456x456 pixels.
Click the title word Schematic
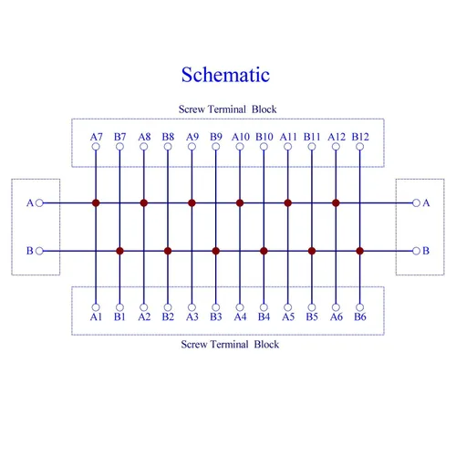[x=225, y=75]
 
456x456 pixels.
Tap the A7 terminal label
[x=96, y=137]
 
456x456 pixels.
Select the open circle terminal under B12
[x=360, y=147]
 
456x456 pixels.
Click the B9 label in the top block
[x=216, y=137]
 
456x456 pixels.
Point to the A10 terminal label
[x=241, y=137]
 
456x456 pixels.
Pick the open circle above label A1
[x=96, y=307]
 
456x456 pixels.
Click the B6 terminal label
[x=360, y=316]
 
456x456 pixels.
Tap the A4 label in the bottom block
[x=240, y=316]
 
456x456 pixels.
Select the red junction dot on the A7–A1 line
[x=96, y=202]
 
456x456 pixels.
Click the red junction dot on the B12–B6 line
[x=360, y=251]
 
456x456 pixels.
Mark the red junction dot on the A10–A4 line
[x=240, y=202]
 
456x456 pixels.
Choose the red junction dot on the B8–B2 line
[x=168, y=251]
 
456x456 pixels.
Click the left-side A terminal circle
[x=39, y=202]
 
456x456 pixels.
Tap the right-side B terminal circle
[x=416, y=251]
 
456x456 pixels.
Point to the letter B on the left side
[x=30, y=251]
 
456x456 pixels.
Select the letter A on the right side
[x=426, y=202]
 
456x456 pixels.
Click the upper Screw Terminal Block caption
[x=227, y=109]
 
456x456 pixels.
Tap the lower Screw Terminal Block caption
[x=230, y=344]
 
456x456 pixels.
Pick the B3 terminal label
[x=216, y=316]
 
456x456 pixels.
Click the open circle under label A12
[x=336, y=147]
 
